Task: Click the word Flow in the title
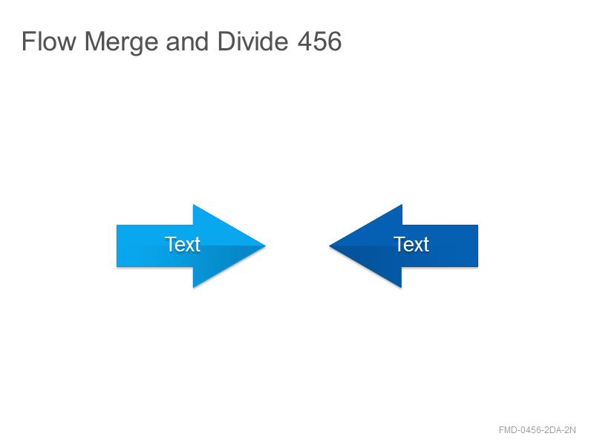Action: pyautogui.click(x=49, y=42)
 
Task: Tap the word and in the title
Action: pyautogui.click(x=187, y=42)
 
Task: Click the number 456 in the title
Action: pyautogui.click(x=319, y=42)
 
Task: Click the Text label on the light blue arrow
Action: pyautogui.click(x=183, y=244)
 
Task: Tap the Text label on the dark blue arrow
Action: pyautogui.click(x=411, y=244)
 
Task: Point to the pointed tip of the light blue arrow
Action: pyautogui.click(x=266, y=246)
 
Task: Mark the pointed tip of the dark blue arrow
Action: pyautogui.click(x=329, y=246)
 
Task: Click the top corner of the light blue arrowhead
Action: pyautogui.click(x=193, y=205)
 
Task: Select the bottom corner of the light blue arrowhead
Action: pyautogui.click(x=193, y=288)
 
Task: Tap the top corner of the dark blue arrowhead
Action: pyautogui.click(x=402, y=205)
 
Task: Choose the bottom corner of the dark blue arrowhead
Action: pyautogui.click(x=402, y=288)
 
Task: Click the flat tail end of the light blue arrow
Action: pyautogui.click(x=117, y=246)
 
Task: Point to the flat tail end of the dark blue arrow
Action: pyautogui.click(x=477, y=246)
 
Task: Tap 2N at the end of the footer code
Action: pyautogui.click(x=570, y=430)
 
